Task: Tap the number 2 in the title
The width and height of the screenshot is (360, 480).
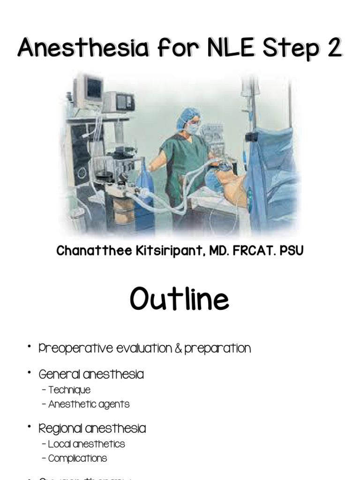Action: click(x=333, y=49)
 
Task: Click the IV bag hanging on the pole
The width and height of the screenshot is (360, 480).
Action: click(x=247, y=89)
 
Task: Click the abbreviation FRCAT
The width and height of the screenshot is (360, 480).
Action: click(x=253, y=251)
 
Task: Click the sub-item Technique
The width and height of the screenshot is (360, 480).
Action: click(x=69, y=390)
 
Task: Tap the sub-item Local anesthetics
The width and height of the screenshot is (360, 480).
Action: click(x=86, y=444)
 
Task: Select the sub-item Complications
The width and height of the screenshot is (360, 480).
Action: click(x=77, y=458)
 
